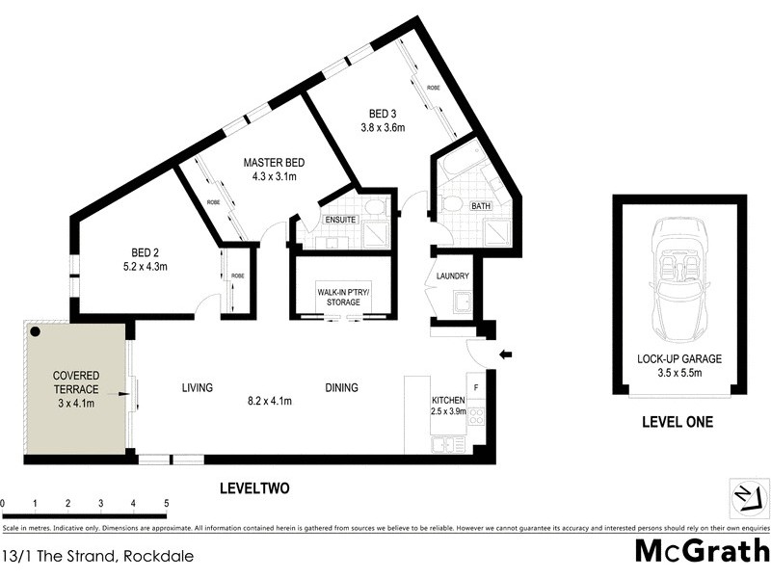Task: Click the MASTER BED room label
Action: pos(275,162)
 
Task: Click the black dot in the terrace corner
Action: pos(35,331)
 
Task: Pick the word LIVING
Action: pos(198,388)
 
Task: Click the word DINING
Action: pos(341,388)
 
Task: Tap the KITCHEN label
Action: pos(449,400)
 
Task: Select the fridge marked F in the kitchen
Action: pos(473,379)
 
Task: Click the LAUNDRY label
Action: pos(452,276)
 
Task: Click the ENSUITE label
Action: pos(341,220)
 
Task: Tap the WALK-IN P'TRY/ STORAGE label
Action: pos(341,297)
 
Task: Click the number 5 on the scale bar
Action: pos(166,503)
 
